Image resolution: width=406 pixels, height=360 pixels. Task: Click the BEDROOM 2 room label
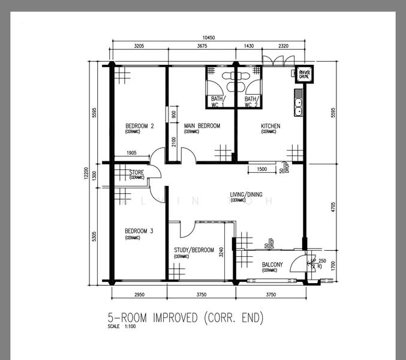click(x=139, y=126)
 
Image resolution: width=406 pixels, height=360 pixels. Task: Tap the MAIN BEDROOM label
click(x=202, y=126)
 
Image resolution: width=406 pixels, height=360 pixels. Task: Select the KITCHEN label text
click(x=270, y=126)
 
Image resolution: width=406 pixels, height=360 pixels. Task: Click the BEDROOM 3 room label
click(x=139, y=231)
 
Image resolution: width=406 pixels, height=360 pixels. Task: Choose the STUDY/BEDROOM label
click(x=194, y=250)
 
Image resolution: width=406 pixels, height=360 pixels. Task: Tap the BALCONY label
click(x=276, y=265)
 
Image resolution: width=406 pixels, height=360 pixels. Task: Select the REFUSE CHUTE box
click(x=305, y=74)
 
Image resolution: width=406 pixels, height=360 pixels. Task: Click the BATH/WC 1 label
click(x=217, y=101)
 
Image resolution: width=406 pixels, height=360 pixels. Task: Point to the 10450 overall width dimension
click(x=209, y=38)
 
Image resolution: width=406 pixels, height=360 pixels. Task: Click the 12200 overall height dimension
click(x=86, y=173)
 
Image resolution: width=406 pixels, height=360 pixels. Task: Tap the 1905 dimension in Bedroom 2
click(x=131, y=154)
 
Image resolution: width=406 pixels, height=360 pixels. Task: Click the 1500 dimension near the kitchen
click(x=262, y=170)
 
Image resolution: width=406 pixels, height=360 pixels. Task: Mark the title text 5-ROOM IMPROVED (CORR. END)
click(x=185, y=317)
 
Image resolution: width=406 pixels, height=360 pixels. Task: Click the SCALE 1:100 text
click(x=122, y=327)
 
